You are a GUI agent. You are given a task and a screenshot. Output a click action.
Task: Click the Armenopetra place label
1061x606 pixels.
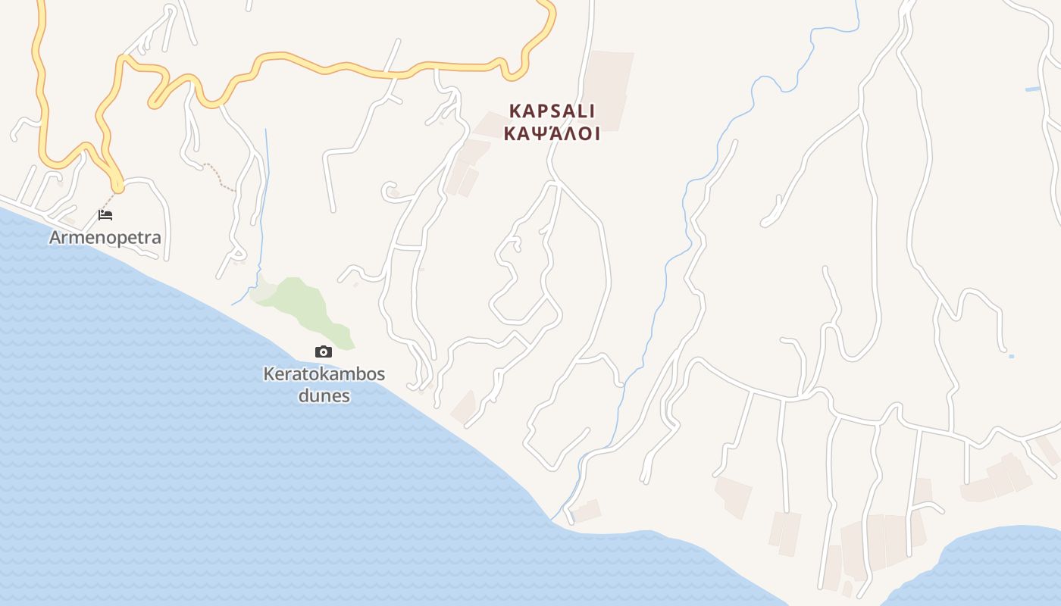pos(105,237)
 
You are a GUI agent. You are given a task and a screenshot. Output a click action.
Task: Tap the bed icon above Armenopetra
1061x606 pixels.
pos(105,215)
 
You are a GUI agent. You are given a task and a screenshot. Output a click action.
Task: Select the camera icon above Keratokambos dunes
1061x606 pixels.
pos(324,351)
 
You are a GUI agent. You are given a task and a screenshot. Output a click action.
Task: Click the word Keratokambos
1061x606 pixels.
pos(324,373)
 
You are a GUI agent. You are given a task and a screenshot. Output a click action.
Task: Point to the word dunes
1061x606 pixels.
pos(324,395)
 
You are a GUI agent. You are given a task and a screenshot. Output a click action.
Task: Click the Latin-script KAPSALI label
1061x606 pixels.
pos(552,111)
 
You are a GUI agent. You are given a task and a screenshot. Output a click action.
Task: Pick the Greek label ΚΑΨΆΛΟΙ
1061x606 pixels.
pos(552,134)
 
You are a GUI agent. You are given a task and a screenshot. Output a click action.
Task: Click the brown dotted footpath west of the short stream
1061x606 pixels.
pos(220,176)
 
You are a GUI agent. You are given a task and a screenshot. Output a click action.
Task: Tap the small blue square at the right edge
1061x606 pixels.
pos(1011,356)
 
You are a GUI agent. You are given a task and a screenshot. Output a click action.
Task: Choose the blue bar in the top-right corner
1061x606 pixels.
pos(1032,89)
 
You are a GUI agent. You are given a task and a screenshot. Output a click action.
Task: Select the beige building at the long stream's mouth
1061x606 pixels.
pos(586,511)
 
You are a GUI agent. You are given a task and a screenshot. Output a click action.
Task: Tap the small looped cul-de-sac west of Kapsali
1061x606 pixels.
pos(389,189)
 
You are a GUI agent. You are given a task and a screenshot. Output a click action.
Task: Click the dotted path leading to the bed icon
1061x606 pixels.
pos(111,198)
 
